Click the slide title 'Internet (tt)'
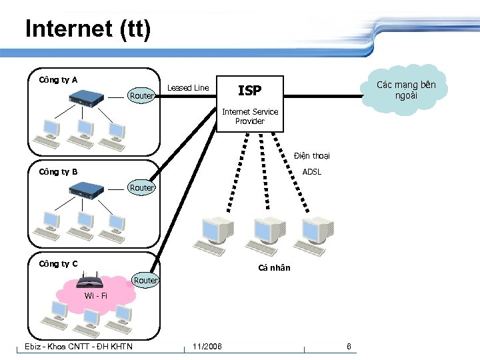pyautogui.click(x=88, y=29)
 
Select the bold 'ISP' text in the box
pyautogui.click(x=249, y=91)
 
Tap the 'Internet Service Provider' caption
pyautogui.click(x=250, y=117)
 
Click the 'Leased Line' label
pyautogui.click(x=187, y=88)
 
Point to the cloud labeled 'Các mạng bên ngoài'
pyautogui.click(x=406, y=89)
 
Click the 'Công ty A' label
pyautogui.click(x=58, y=80)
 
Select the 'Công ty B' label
pyautogui.click(x=58, y=172)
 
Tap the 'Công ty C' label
pyautogui.click(x=58, y=264)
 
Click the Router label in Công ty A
pyautogui.click(x=141, y=96)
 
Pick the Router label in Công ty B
pyautogui.click(x=141, y=188)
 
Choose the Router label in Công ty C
pyautogui.click(x=145, y=281)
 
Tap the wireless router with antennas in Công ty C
pyautogui.click(x=97, y=280)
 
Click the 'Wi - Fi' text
pyautogui.click(x=95, y=296)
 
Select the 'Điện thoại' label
pyautogui.click(x=311, y=156)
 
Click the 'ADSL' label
pyautogui.click(x=312, y=172)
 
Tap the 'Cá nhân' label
pyautogui.click(x=274, y=268)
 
